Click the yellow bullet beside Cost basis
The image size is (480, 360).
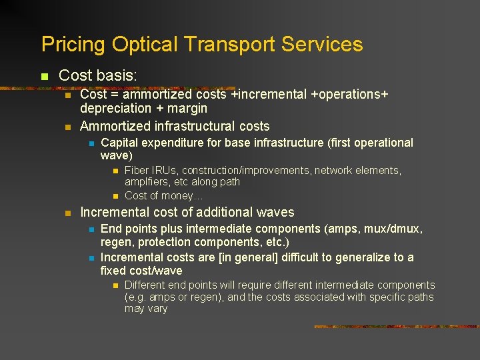pos(45,77)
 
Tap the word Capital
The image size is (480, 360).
pos(121,143)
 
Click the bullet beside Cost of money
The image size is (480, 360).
pos(115,196)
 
